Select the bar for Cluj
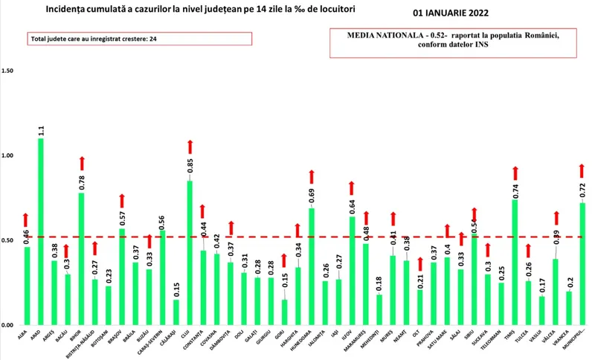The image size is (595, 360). click(x=190, y=253)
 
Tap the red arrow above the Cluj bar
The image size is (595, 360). click(x=190, y=145)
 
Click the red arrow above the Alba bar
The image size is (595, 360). click(x=26, y=219)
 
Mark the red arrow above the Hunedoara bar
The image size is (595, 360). click(x=312, y=176)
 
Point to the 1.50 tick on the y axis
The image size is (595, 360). click(x=9, y=71)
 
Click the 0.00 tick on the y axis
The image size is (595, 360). click(x=9, y=325)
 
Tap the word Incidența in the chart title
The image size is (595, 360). click(x=71, y=8)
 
